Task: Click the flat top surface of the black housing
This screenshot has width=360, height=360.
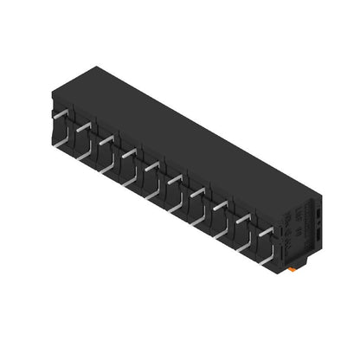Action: point(190,130)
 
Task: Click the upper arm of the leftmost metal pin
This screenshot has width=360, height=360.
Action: point(60,114)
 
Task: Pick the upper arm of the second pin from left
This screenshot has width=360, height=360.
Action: point(83,126)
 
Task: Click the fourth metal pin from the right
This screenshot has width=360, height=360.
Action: point(197,191)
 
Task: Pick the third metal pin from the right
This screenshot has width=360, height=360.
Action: point(220,205)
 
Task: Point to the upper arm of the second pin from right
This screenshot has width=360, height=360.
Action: point(243,217)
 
